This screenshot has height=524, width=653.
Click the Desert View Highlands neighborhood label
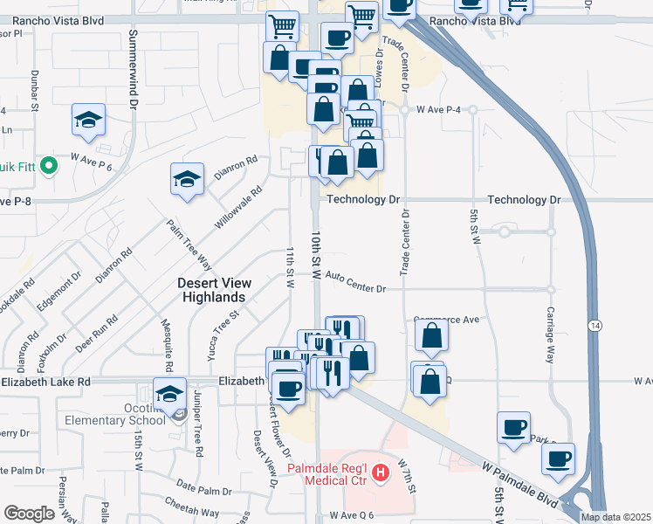coord(214,290)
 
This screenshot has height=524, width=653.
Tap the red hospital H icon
coord(380,474)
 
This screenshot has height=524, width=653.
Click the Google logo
coord(29,514)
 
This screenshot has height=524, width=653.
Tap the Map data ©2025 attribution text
coord(615,517)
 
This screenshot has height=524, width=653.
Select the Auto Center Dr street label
coord(355,277)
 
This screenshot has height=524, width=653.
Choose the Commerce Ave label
coord(447,320)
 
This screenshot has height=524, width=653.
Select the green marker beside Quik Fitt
coord(50,163)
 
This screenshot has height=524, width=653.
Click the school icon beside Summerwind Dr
coord(88,120)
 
